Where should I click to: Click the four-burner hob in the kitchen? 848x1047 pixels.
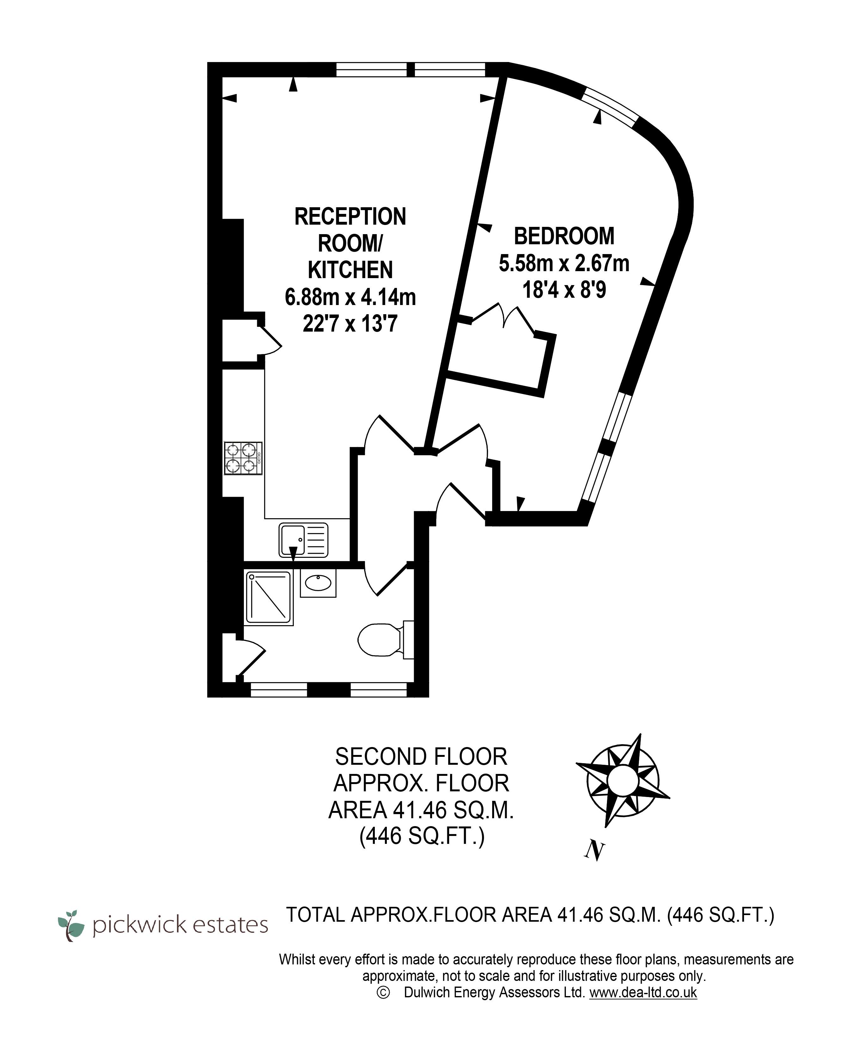(x=243, y=458)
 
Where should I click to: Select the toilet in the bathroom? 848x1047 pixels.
(x=386, y=639)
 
